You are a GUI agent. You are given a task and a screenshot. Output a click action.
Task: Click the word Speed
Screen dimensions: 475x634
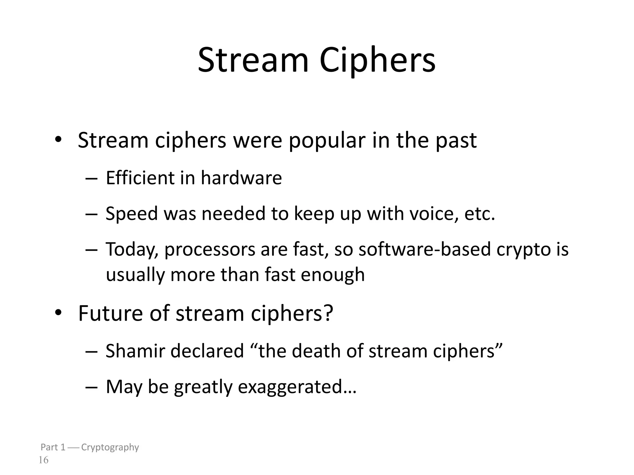click(132, 214)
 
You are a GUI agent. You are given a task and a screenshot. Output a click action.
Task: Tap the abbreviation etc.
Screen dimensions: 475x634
click(480, 214)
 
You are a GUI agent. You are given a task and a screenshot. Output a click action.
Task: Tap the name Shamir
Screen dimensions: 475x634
click(135, 351)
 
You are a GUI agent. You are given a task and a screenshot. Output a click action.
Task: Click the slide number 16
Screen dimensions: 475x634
click(43, 460)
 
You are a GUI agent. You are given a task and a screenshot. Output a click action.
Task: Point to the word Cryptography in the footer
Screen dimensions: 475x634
click(110, 447)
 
